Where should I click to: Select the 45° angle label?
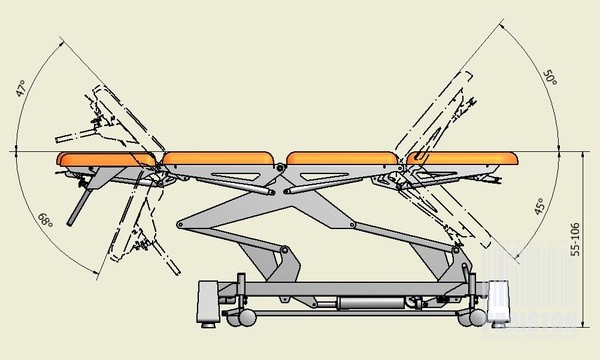[x=540, y=207]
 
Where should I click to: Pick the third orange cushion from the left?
[x=345, y=157]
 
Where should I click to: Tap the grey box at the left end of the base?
[x=208, y=299]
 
